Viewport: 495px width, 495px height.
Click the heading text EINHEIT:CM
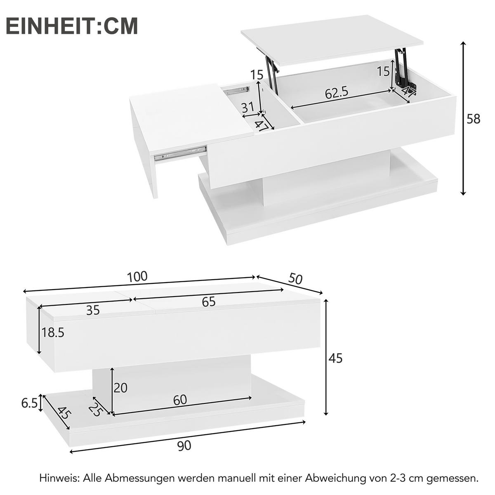72,26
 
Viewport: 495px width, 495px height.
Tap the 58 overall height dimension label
473,119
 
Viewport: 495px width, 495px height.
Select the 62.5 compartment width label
337,93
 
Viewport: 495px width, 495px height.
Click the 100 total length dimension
137,277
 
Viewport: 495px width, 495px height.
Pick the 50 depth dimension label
295,279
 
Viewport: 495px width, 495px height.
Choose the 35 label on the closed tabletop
93,310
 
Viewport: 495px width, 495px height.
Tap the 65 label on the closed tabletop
209,302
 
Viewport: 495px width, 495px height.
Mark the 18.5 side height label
53,332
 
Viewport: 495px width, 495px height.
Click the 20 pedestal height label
120,388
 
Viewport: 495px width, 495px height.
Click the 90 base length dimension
184,445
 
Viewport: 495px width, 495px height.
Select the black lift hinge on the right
401,68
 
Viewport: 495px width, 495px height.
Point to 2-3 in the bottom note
396,478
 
